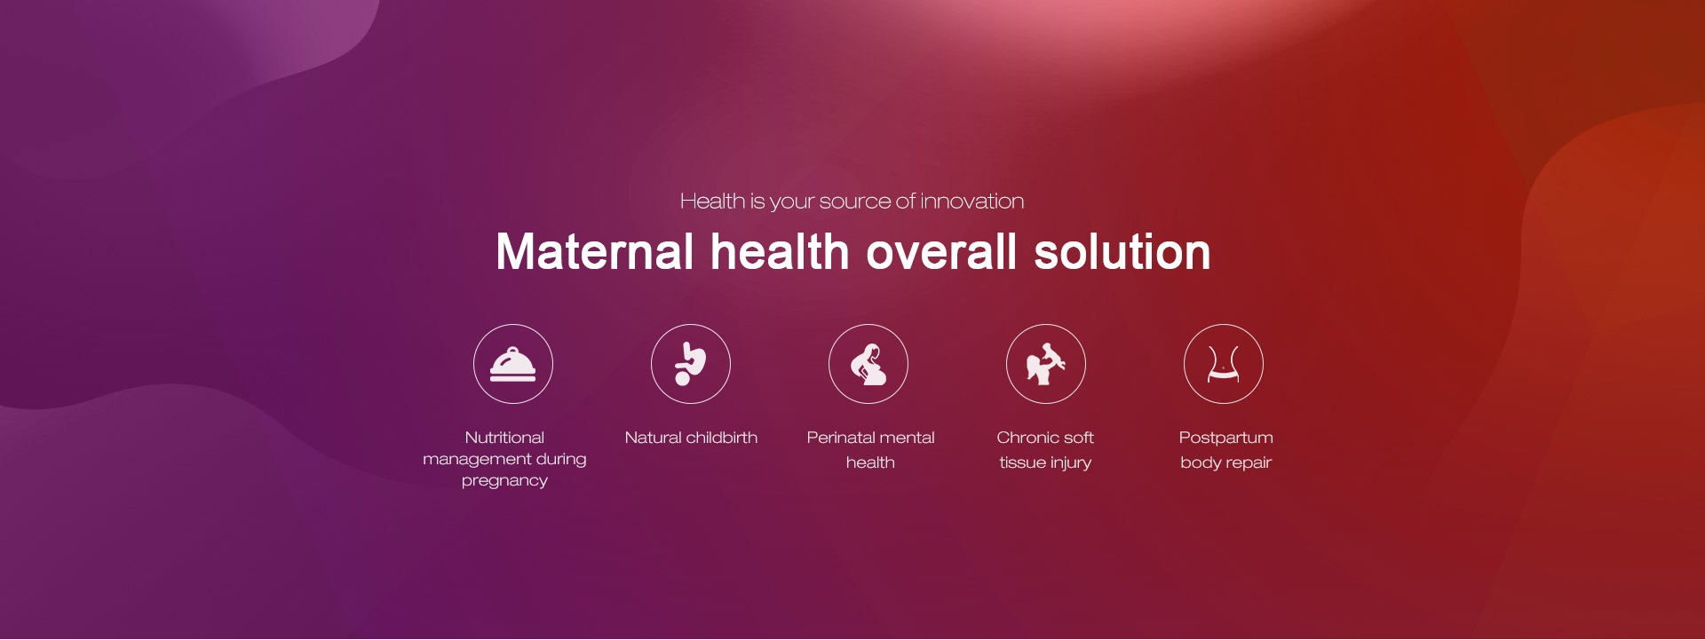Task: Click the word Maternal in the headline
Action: [595, 252]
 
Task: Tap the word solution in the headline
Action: [1122, 252]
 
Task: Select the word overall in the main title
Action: [941, 252]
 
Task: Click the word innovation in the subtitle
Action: [972, 201]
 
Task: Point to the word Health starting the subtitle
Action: [713, 201]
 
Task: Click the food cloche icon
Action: [513, 364]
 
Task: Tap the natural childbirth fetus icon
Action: [691, 364]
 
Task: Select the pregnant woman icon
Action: [868, 364]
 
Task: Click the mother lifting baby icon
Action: [1046, 364]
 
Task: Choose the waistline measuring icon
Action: [1224, 364]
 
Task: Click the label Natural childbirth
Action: [691, 438]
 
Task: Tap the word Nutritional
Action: [504, 438]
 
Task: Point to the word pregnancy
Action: [504, 481]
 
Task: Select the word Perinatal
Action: [839, 438]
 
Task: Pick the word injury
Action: [1071, 463]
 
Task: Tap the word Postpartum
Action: [1226, 439]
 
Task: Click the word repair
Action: [1249, 463]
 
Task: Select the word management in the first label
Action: [477, 460]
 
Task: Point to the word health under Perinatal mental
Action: [870, 462]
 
